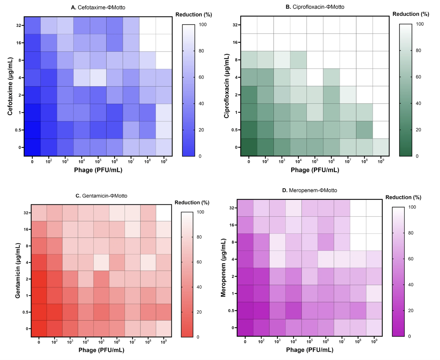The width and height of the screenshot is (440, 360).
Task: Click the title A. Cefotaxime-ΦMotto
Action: (x=98, y=8)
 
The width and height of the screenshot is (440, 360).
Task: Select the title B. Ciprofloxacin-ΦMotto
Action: (x=315, y=7)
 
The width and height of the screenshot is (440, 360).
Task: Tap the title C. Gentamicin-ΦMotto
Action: (x=101, y=196)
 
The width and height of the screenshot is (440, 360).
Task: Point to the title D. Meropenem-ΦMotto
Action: (x=310, y=190)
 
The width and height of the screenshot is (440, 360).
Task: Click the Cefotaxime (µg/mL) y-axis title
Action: (x=10, y=86)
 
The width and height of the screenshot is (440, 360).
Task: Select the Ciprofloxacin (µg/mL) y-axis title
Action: (x=226, y=86)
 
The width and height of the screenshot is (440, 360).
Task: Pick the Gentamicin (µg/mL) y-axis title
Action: (x=18, y=271)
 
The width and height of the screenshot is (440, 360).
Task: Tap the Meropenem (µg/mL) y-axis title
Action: (x=223, y=268)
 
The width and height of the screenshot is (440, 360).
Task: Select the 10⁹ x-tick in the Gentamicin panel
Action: (x=164, y=342)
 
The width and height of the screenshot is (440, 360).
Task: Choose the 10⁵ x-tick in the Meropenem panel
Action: (x=310, y=341)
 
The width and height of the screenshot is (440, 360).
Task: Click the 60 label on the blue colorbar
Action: (x=201, y=77)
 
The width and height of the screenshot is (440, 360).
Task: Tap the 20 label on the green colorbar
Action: (x=418, y=130)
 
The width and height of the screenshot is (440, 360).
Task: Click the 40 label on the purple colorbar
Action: (x=411, y=285)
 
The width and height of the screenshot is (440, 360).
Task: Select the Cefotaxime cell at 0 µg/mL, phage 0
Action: (x=32, y=147)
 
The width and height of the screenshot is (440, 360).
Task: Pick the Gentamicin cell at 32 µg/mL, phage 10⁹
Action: (x=164, y=213)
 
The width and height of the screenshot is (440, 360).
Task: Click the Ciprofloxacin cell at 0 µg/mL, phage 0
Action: (x=249, y=147)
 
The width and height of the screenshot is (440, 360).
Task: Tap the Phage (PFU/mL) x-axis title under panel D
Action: (x=310, y=350)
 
